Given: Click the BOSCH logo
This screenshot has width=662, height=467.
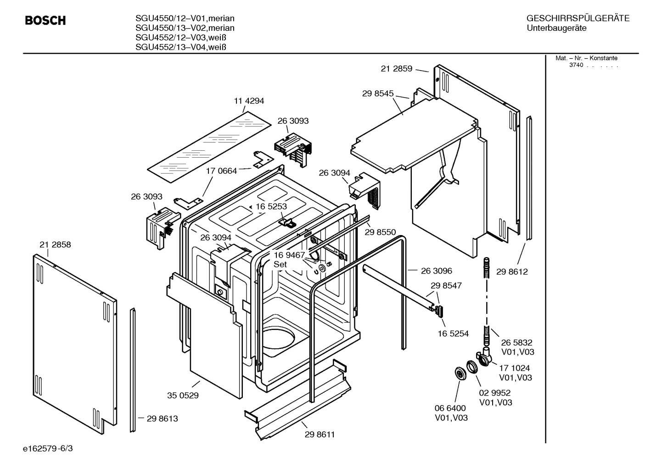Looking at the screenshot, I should click(45, 21).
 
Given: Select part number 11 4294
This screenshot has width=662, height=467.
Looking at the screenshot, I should click(249, 101).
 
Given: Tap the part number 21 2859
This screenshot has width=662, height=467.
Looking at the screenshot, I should click(396, 69).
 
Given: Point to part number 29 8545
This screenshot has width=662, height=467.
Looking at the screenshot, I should click(377, 93).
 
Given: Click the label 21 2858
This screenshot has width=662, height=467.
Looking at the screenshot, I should click(55, 245).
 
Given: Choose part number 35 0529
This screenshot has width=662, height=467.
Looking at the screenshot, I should click(183, 395).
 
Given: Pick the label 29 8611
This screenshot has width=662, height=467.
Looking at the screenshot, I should click(320, 434).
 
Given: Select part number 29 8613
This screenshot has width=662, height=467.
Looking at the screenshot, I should click(162, 418).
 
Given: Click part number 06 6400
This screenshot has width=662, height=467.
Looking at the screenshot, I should click(450, 408).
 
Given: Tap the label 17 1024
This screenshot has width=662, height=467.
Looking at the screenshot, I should click(514, 368).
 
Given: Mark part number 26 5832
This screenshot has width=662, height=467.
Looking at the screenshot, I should click(516, 342).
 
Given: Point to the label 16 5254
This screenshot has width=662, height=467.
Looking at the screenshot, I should click(453, 334).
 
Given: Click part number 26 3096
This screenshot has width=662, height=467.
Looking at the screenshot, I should click(436, 271).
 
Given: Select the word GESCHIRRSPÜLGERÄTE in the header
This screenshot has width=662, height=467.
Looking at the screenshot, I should click(578, 18).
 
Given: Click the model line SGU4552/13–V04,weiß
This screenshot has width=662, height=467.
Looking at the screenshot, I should click(181, 47).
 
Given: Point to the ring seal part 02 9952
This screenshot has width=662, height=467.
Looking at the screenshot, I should click(472, 368).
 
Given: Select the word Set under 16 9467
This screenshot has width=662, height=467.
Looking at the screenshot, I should click(280, 264).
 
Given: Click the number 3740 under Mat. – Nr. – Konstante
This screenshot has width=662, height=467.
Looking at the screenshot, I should click(576, 65).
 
